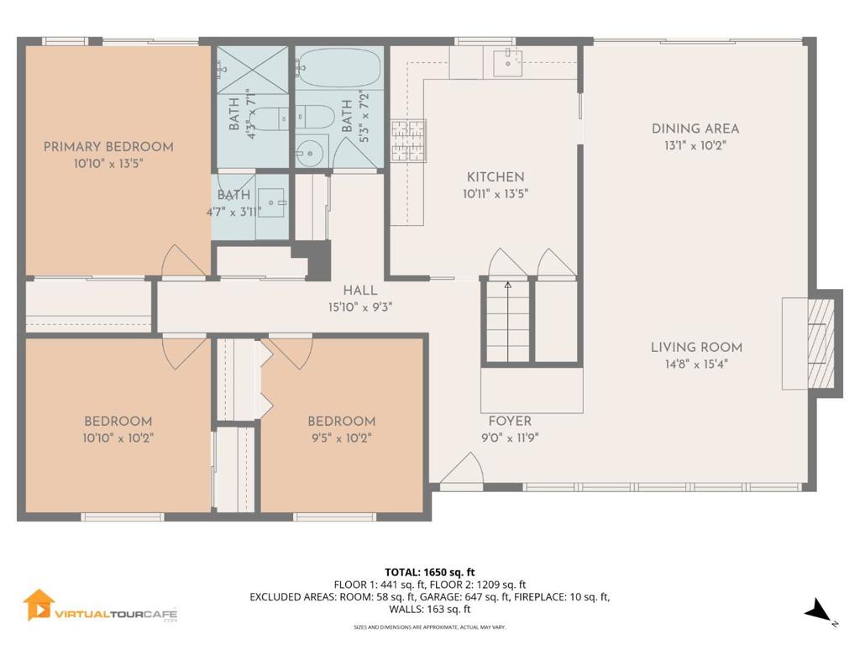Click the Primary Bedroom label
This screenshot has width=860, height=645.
coord(108,147)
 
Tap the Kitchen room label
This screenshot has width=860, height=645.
coord(496,177)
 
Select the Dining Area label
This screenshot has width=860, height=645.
coord(695,128)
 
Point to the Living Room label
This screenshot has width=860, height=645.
coord(696,347)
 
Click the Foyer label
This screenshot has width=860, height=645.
coord(510,422)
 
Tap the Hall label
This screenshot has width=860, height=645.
coord(359,291)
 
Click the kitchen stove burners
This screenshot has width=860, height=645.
coord(408,141)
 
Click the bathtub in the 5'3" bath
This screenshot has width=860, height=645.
coord(339,67)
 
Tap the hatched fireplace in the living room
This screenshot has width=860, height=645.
coord(821,343)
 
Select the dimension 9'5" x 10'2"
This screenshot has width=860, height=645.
coord(342,438)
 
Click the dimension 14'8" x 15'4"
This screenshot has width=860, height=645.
coord(696,364)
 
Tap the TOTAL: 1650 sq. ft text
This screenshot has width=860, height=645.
coord(429,573)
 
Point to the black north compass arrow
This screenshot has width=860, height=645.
coord(817,610)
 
